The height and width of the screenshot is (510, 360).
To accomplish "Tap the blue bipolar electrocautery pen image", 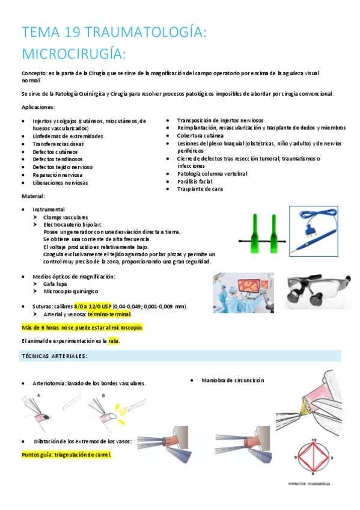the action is [316, 229].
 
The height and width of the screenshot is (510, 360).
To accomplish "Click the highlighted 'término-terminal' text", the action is [109, 314].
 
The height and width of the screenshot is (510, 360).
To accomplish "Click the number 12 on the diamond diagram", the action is [314, 440].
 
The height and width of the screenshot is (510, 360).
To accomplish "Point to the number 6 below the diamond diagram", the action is [314, 473].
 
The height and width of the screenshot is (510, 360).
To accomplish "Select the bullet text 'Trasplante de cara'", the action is [200, 189].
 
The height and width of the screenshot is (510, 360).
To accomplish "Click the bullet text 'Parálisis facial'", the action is [196, 182].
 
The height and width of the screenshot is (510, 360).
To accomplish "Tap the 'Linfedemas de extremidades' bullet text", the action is [68, 137].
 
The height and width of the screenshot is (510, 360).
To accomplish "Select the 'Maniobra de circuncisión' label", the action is [233, 381].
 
